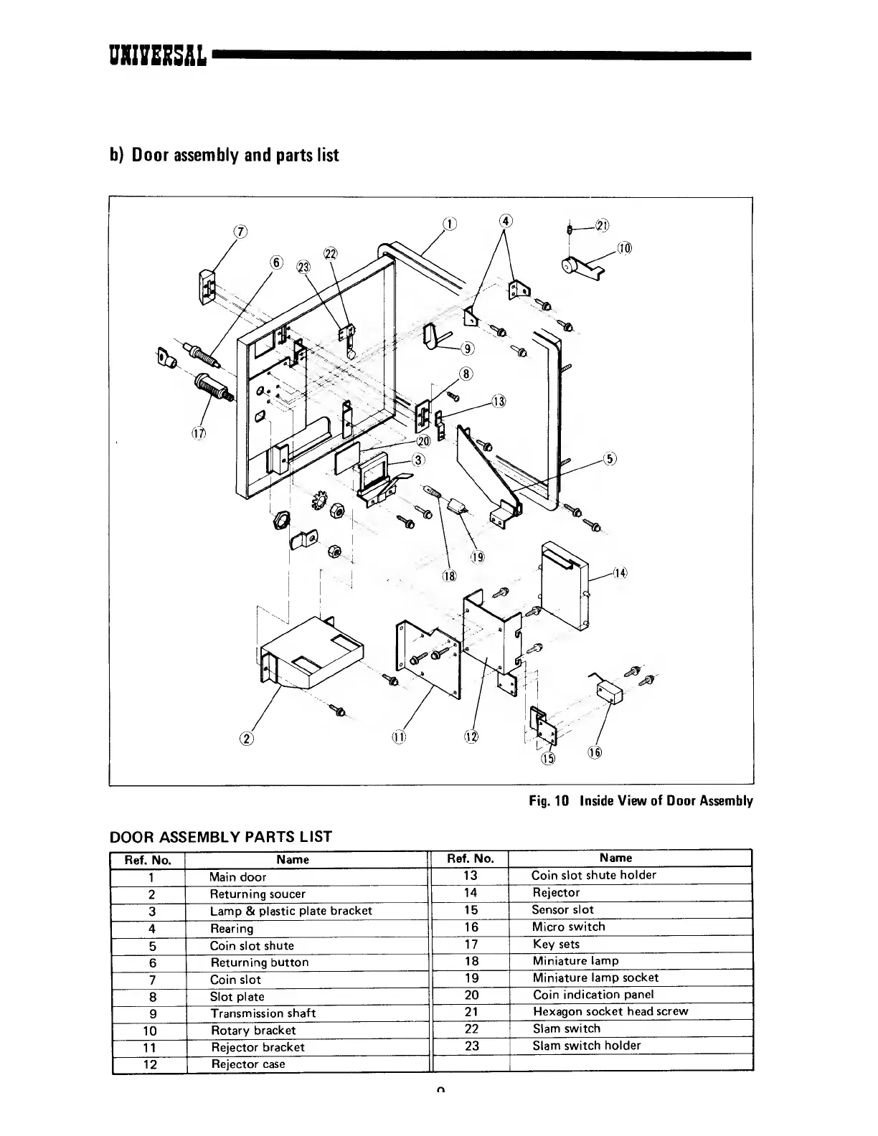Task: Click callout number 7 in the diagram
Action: coord(241,231)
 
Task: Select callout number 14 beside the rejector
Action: coord(620,572)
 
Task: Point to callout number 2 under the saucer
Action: coord(247,737)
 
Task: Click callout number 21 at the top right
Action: coord(602,226)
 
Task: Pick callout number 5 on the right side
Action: coord(610,459)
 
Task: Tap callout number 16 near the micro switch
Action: coord(595,752)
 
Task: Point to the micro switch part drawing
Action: coord(609,692)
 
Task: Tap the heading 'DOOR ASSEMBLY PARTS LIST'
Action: coord(220,836)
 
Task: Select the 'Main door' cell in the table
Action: coord(237,876)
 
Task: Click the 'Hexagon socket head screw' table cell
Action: coord(610,1011)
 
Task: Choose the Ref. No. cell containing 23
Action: coord(471,1046)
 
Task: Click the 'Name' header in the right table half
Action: coord(615,858)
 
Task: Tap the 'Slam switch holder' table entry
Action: coord(586,1046)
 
